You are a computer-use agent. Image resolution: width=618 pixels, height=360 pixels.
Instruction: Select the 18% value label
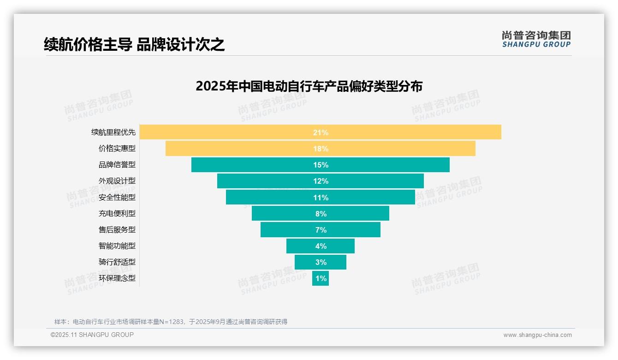click(321, 149)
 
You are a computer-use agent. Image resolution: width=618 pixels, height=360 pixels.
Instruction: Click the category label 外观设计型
click(117, 181)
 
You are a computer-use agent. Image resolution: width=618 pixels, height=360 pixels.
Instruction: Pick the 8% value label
click(321, 214)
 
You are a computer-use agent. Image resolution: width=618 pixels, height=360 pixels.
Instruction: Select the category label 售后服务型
click(117, 230)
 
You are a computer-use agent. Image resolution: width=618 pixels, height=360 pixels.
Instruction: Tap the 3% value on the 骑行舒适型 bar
click(321, 262)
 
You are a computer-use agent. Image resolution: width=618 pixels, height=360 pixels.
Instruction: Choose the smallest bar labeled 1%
click(321, 278)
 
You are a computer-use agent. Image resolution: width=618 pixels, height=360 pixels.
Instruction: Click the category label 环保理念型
click(117, 278)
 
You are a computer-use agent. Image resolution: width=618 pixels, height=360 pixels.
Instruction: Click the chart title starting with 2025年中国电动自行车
click(309, 87)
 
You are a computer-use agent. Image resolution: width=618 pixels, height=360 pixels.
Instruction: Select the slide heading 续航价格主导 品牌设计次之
click(134, 44)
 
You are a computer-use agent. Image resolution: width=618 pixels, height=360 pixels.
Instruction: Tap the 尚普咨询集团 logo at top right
click(536, 39)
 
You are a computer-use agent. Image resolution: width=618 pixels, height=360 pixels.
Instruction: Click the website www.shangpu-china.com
click(537, 335)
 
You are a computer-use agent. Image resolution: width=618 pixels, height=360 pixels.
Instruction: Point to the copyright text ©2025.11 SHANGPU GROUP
click(92, 335)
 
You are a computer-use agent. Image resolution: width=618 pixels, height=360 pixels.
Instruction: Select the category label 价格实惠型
click(117, 149)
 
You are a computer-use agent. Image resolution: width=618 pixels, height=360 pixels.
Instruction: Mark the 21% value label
click(321, 132)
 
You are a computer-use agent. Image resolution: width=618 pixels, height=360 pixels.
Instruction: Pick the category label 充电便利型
click(117, 214)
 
